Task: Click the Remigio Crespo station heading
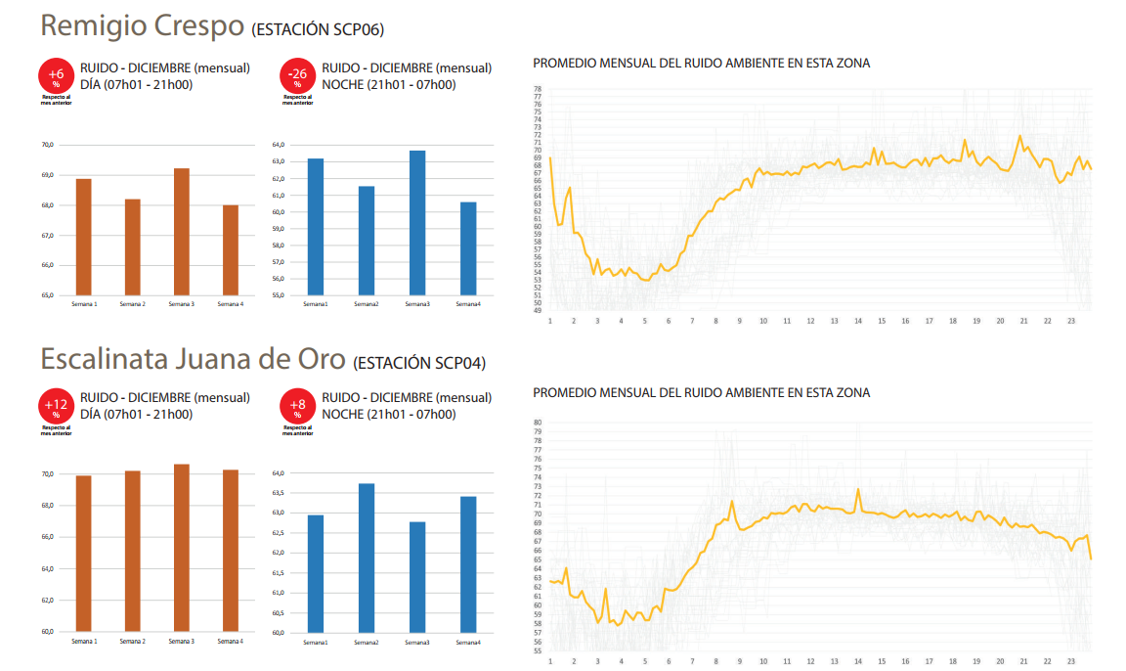point(142,26)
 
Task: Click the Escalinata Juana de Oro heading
point(193,360)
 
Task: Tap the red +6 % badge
point(56,76)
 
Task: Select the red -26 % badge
point(297,76)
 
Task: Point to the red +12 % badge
point(56,406)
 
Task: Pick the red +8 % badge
point(297,406)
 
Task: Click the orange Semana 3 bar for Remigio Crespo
point(181,232)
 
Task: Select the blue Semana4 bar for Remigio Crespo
point(468,248)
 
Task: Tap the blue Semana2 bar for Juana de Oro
point(367,558)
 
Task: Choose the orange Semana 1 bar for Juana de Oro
point(84,553)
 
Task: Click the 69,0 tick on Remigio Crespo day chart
point(48,175)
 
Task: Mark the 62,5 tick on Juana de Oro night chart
point(278,533)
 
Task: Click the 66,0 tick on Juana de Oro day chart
point(48,537)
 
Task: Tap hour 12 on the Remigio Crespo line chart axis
point(810,321)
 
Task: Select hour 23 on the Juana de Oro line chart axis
point(1071,661)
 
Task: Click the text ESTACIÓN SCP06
point(318,30)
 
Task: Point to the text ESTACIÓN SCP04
point(419,364)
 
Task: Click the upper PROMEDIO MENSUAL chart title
point(701,64)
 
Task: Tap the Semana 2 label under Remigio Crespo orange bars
point(132,303)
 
